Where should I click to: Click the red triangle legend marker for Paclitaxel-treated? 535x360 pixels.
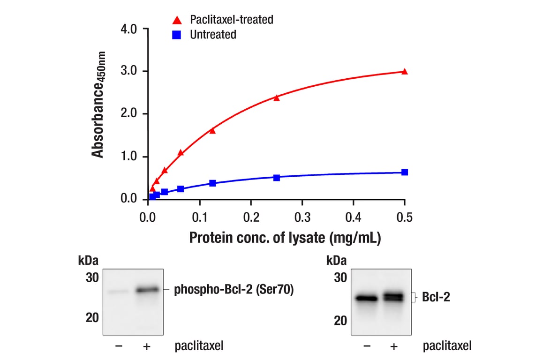[x=177, y=20]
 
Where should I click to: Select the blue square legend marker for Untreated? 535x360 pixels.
[x=177, y=35]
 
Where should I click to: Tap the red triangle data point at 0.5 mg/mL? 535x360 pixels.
[x=405, y=71]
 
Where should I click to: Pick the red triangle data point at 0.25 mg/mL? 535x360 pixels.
[x=277, y=97]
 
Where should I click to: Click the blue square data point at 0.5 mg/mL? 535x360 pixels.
[x=405, y=172]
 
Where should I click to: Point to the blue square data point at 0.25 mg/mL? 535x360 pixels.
[x=277, y=178]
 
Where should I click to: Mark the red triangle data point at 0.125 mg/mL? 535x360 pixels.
[x=212, y=130]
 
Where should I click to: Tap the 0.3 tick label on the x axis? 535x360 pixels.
[x=302, y=217]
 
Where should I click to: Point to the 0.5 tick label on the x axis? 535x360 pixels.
[x=405, y=217]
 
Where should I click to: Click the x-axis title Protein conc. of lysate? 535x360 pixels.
[x=285, y=238]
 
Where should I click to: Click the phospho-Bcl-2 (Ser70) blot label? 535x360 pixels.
[x=234, y=290]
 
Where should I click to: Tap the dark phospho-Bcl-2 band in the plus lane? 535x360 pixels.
[x=148, y=290]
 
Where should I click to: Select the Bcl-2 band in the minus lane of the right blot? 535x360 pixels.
[x=366, y=298]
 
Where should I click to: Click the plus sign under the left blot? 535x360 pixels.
[x=147, y=346]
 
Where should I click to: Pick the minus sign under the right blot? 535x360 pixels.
[x=367, y=346]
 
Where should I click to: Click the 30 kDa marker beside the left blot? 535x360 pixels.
[x=92, y=277]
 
